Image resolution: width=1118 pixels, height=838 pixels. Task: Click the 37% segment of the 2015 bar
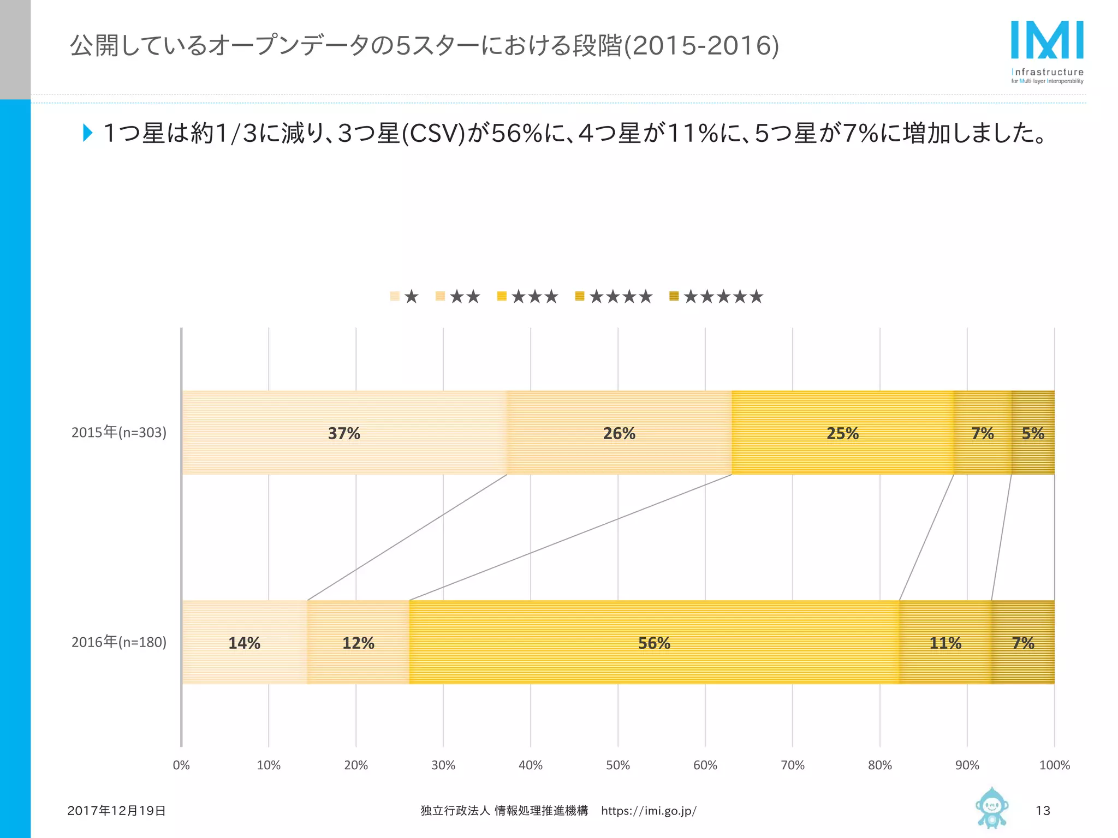[x=344, y=433]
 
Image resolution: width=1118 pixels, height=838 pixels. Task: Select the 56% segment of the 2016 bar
[x=654, y=643]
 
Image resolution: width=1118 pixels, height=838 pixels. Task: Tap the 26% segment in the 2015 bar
[x=619, y=433]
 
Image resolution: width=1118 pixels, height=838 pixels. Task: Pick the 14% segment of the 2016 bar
[x=244, y=643]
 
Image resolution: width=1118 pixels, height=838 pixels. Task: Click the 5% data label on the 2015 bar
[x=1033, y=433]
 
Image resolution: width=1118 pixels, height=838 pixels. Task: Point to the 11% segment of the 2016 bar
[x=945, y=643]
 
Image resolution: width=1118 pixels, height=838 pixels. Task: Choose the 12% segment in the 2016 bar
[x=358, y=643]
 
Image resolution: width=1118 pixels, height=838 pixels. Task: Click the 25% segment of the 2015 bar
[x=842, y=433]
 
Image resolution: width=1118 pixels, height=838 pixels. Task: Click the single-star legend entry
[x=405, y=297]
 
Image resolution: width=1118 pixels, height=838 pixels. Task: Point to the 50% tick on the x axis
[x=618, y=765]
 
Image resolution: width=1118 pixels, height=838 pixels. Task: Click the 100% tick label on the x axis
[x=1054, y=765]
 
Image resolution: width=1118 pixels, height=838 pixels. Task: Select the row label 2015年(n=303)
[x=119, y=432]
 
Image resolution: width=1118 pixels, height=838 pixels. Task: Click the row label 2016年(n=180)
[x=119, y=642]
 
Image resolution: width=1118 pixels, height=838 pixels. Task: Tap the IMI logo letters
[x=1047, y=40]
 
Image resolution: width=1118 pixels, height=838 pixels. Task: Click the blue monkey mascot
[x=991, y=807]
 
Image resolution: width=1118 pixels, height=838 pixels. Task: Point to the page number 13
[x=1043, y=811]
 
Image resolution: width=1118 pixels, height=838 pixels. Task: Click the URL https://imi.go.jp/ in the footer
[x=649, y=811]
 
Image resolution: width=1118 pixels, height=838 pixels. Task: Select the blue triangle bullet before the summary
[x=87, y=133]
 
